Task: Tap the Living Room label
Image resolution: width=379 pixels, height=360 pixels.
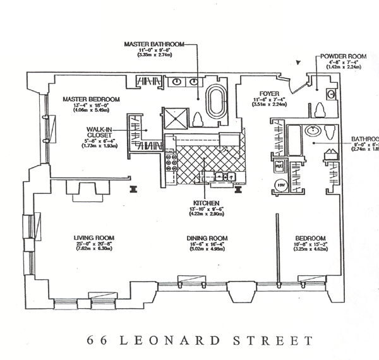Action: point(88,238)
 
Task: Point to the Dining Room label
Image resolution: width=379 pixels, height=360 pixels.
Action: point(207,238)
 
